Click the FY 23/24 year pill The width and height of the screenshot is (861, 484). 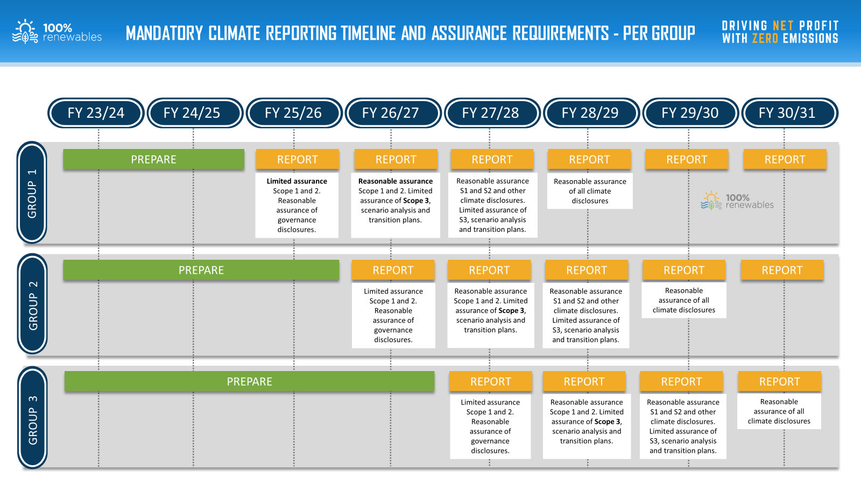[96, 113]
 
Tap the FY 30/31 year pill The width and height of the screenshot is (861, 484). [789, 113]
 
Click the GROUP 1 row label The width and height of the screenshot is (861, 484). [32, 193]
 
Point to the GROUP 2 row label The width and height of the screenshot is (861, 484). [32, 304]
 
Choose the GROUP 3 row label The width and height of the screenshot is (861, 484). [32, 417]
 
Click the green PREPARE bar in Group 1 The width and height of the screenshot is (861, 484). [154, 159]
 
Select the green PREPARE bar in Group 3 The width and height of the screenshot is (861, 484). [250, 381]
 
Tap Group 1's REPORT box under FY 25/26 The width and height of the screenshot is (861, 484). [298, 159]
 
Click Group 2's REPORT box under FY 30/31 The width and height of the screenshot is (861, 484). [782, 269]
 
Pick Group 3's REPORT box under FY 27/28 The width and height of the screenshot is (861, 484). [491, 381]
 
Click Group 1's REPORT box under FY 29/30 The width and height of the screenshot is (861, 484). [687, 159]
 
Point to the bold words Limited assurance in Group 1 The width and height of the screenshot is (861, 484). [297, 181]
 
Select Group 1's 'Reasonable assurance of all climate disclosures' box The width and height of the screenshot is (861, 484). [590, 191]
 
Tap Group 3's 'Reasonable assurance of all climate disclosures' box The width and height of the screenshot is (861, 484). [779, 411]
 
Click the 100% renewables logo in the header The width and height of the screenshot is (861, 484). [57, 32]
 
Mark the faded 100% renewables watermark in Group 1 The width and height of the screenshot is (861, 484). [737, 201]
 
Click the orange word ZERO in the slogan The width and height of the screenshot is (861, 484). [765, 38]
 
